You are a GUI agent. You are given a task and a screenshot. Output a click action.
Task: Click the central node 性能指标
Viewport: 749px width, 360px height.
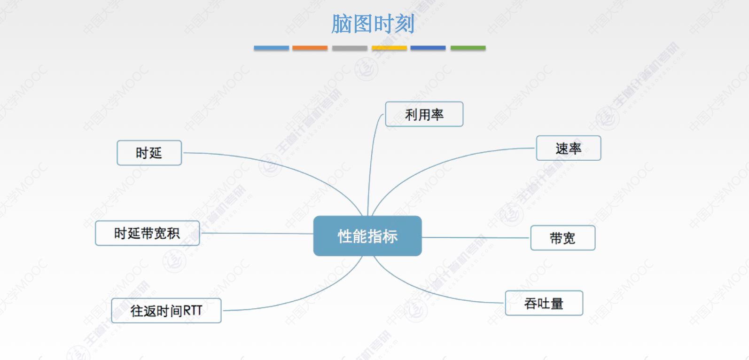(x=367, y=236)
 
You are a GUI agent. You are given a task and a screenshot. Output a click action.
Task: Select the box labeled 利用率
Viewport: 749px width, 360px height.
(x=424, y=114)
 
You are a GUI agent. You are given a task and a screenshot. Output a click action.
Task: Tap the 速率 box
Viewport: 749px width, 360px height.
(x=568, y=148)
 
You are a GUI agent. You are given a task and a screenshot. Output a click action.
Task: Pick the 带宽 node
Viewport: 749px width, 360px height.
(x=562, y=238)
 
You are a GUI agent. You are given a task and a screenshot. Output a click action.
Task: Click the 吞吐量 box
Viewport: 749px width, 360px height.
(x=544, y=303)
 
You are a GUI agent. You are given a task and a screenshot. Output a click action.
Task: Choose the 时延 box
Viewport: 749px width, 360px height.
(x=149, y=153)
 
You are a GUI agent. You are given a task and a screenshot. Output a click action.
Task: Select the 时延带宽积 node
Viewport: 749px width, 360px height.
(x=147, y=233)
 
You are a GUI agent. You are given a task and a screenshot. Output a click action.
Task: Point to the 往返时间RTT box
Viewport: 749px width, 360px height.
(x=166, y=311)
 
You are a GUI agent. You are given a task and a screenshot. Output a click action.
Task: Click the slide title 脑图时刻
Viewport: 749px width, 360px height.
(x=373, y=23)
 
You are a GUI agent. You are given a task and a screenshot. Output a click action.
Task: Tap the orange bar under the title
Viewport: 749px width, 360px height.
(x=310, y=48)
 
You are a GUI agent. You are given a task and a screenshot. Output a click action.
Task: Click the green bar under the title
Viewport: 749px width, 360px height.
(x=468, y=48)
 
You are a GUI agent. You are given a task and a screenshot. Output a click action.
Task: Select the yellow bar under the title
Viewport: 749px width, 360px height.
(x=389, y=48)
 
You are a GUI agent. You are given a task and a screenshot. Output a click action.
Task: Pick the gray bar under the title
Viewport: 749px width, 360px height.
(x=350, y=48)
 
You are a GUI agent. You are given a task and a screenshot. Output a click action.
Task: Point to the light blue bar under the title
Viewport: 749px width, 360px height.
(x=271, y=48)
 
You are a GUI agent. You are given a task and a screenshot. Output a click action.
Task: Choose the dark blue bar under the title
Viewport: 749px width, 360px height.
(x=428, y=48)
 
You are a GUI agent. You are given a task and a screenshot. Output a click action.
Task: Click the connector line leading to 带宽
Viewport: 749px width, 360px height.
(x=475, y=238)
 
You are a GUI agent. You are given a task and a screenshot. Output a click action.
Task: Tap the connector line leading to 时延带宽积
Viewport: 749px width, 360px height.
(x=256, y=233)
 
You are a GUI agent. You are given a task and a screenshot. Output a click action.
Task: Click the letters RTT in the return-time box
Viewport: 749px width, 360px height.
(x=193, y=311)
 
